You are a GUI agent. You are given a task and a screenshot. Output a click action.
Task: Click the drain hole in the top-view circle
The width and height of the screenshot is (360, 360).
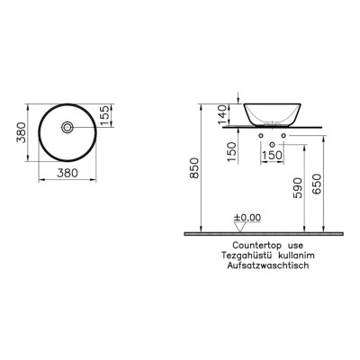68,127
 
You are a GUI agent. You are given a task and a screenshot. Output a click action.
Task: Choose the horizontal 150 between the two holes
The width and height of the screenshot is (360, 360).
271,155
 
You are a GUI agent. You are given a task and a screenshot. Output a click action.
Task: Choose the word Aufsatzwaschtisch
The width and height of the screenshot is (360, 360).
268,264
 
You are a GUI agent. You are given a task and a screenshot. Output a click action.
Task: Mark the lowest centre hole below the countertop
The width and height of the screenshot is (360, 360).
271,144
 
